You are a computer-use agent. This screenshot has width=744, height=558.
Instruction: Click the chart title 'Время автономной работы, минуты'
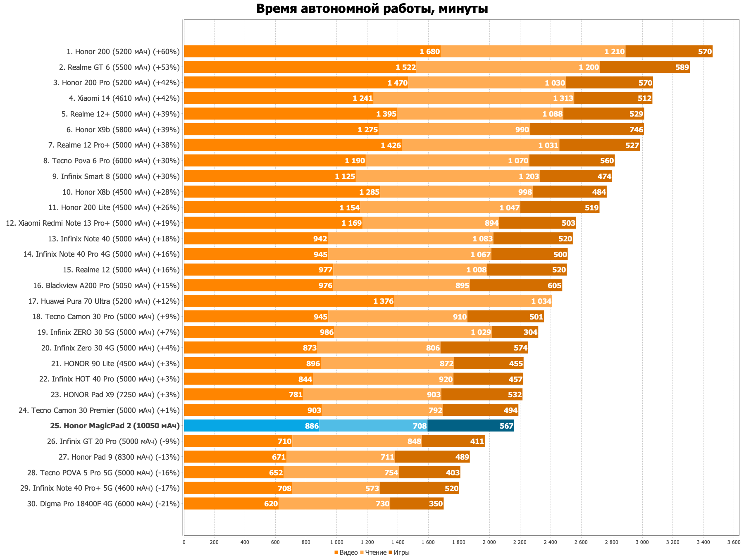pyautogui.click(x=372, y=9)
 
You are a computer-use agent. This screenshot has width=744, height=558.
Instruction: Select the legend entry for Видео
pyautogui.click(x=346, y=553)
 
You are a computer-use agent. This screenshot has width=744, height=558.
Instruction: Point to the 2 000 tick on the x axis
pyautogui.click(x=489, y=541)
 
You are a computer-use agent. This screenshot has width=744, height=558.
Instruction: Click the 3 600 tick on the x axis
pyautogui.click(x=733, y=541)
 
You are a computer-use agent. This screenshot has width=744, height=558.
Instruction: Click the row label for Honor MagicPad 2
pyautogui.click(x=115, y=426)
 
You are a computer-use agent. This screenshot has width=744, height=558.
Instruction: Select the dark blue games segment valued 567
pyautogui.click(x=471, y=426)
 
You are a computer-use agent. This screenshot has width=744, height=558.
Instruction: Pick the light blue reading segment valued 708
pyautogui.click(x=373, y=426)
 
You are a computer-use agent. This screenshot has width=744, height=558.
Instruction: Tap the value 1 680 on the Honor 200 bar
pyautogui.click(x=429, y=52)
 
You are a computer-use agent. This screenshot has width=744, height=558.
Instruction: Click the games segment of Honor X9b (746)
pyautogui.click(x=587, y=129)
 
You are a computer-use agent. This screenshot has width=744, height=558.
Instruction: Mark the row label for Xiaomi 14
pyautogui.click(x=124, y=98)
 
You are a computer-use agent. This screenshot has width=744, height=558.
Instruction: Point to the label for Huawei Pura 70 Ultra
pyautogui.click(x=104, y=301)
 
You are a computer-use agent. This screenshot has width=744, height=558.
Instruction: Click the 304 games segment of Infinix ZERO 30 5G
pyautogui.click(x=515, y=332)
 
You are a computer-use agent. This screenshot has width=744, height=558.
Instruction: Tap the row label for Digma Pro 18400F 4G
pyautogui.click(x=103, y=504)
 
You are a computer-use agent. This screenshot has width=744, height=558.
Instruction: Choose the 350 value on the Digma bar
pyautogui.click(x=436, y=504)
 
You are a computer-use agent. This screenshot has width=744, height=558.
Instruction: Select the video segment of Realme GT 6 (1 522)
pyautogui.click(x=300, y=67)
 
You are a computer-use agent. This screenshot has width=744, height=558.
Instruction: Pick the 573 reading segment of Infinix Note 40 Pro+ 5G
pyautogui.click(x=336, y=488)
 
